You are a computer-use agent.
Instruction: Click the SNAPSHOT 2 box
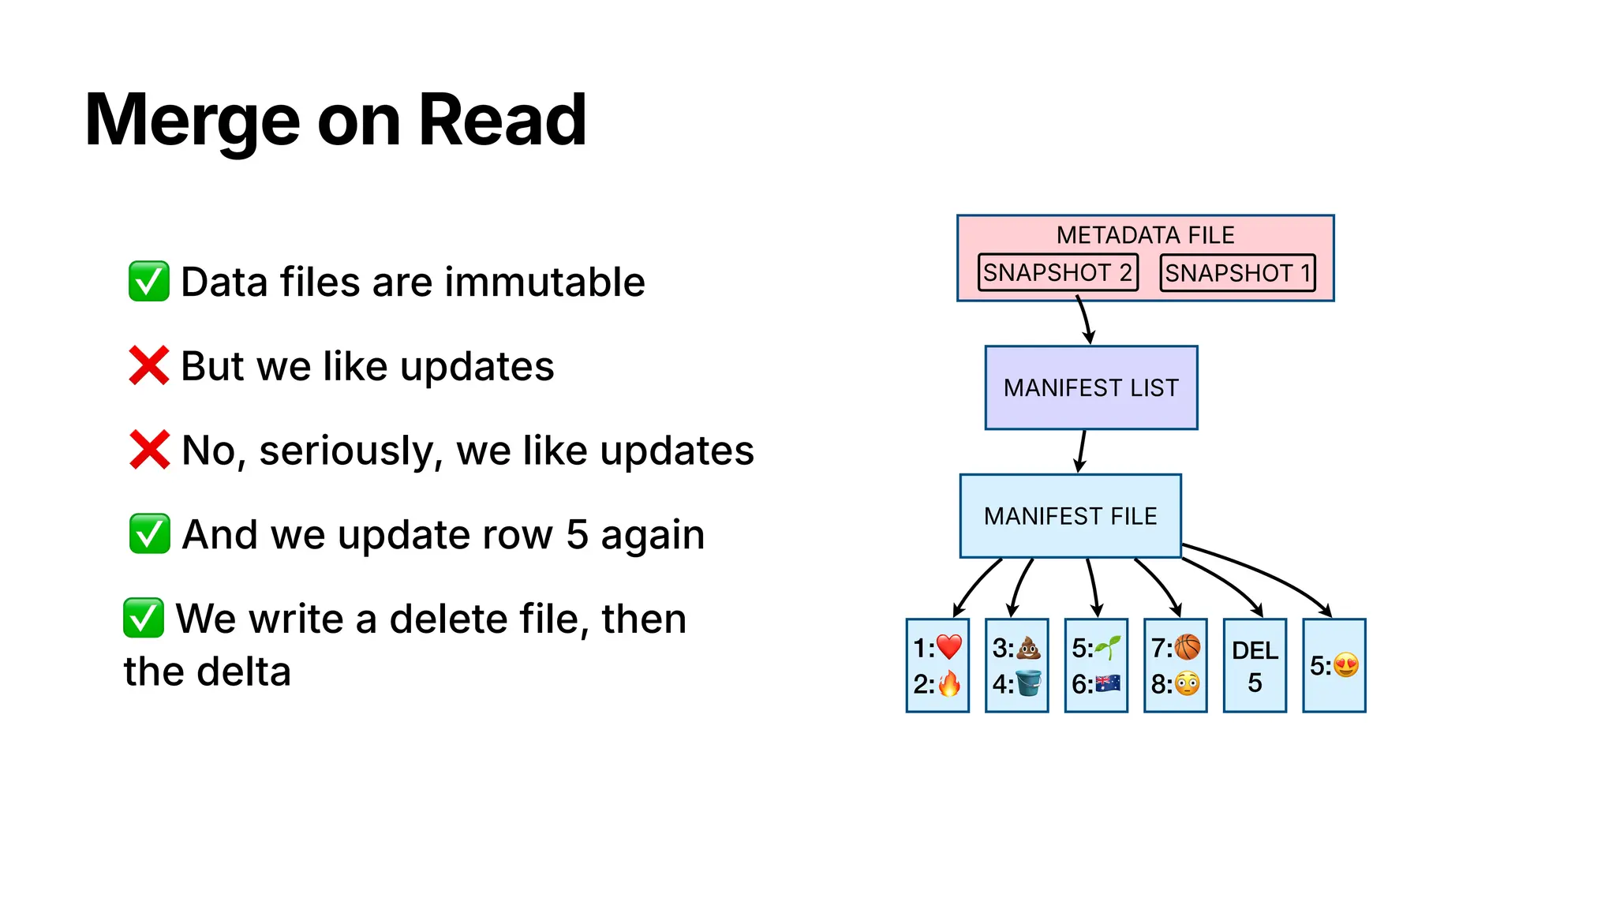[1057, 272]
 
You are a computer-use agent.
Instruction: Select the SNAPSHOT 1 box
[1237, 273]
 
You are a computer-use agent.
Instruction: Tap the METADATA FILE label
[1145, 235]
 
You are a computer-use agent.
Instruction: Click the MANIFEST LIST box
[1090, 387]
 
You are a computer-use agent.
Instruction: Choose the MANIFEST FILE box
[1070, 516]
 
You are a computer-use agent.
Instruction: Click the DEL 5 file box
[1255, 666]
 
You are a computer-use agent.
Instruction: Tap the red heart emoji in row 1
[949, 648]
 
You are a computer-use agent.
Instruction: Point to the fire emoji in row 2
[949, 683]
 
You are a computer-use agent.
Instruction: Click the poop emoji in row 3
[1028, 648]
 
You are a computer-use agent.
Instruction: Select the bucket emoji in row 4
[1028, 683]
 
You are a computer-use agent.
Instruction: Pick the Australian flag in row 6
[1108, 683]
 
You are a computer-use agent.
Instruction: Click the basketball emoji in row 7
[1187, 648]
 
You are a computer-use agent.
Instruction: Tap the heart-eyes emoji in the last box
[1346, 666]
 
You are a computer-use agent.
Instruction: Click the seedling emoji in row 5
[1108, 648]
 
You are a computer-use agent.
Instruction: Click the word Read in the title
[502, 120]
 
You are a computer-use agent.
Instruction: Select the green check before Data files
[148, 282]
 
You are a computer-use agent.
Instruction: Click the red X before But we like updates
[148, 366]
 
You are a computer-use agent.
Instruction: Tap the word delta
[244, 672]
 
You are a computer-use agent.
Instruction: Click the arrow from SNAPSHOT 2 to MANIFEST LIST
[1085, 320]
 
